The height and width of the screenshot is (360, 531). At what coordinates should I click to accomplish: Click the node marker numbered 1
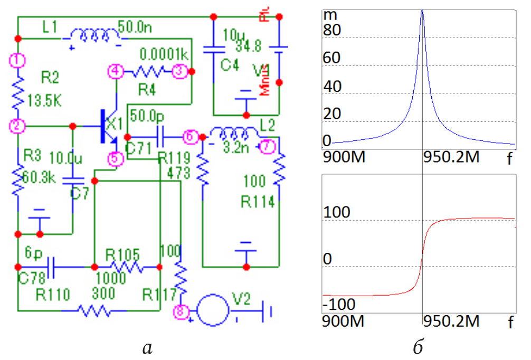[x=18, y=60]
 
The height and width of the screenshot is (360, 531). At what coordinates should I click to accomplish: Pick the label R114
[x=258, y=201]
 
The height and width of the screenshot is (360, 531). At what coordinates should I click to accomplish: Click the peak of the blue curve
[x=422, y=11]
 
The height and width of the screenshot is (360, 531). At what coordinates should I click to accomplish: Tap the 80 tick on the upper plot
[x=333, y=31]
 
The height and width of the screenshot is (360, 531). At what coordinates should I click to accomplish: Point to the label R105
[x=122, y=254]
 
